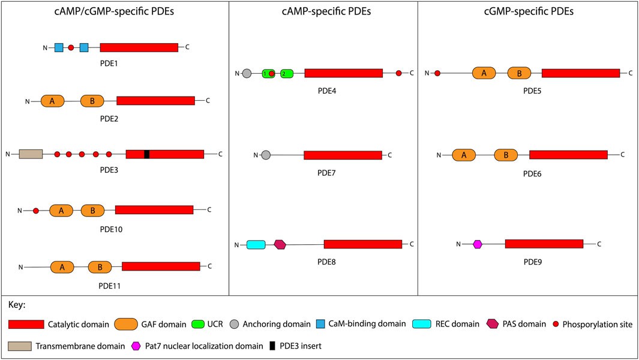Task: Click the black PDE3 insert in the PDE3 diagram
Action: coord(146,154)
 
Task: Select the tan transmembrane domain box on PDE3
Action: coord(31,154)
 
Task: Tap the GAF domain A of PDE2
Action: coord(52,101)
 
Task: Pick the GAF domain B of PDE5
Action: coord(519,73)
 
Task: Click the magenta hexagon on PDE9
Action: coord(478,244)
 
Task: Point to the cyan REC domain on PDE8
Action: coord(256,244)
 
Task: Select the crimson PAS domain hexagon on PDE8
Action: coord(280,244)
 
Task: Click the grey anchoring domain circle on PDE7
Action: coord(266,155)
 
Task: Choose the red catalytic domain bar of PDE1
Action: coord(139,47)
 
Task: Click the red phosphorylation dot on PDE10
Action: coord(36,211)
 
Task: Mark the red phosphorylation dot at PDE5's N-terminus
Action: coord(437,73)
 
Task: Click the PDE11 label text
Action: coord(110,286)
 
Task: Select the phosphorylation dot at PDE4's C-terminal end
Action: coord(398,73)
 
